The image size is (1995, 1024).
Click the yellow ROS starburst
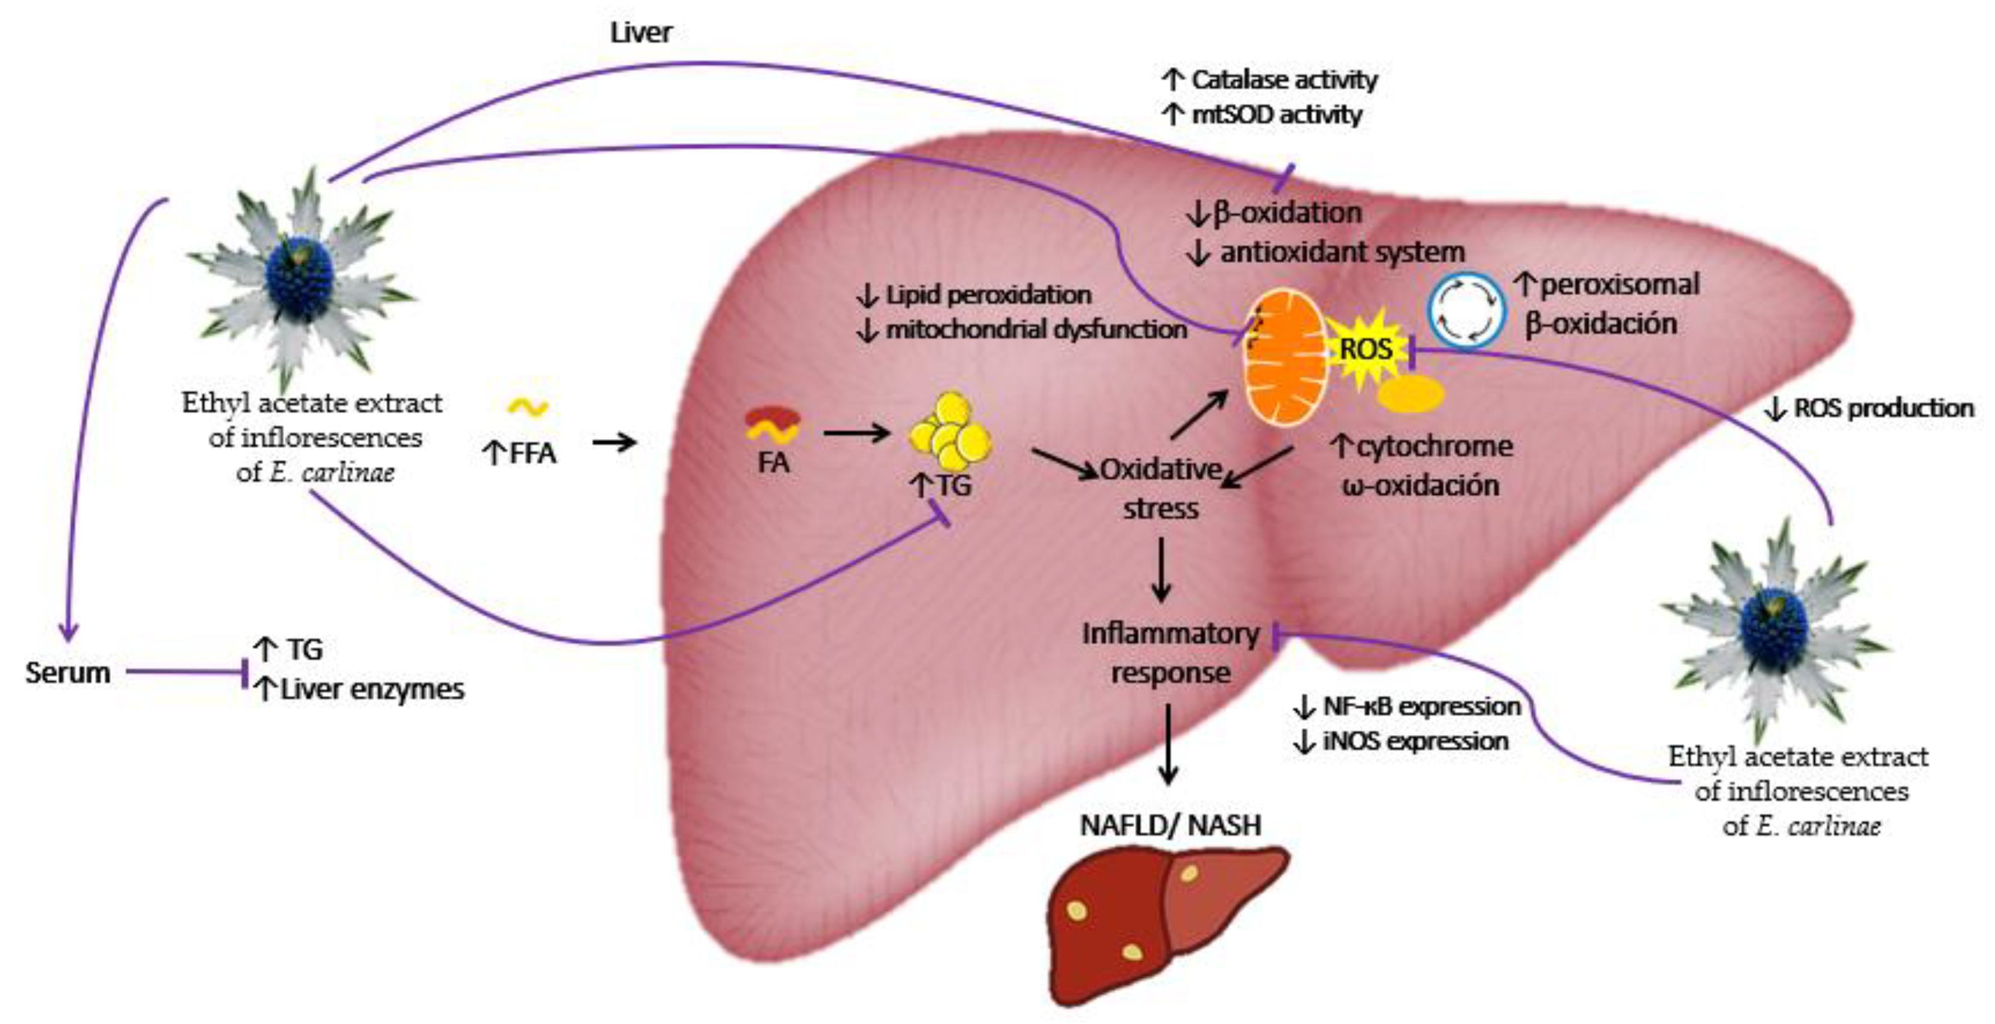pos(1366,349)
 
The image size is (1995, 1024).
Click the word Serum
pos(68,672)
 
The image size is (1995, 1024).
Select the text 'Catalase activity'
pos(1284,79)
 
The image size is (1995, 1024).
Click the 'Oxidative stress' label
pos(1160,489)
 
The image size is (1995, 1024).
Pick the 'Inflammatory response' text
pos(1170,652)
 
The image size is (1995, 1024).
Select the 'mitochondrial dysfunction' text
pos(1036,329)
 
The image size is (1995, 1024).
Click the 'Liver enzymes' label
pos(372,689)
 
